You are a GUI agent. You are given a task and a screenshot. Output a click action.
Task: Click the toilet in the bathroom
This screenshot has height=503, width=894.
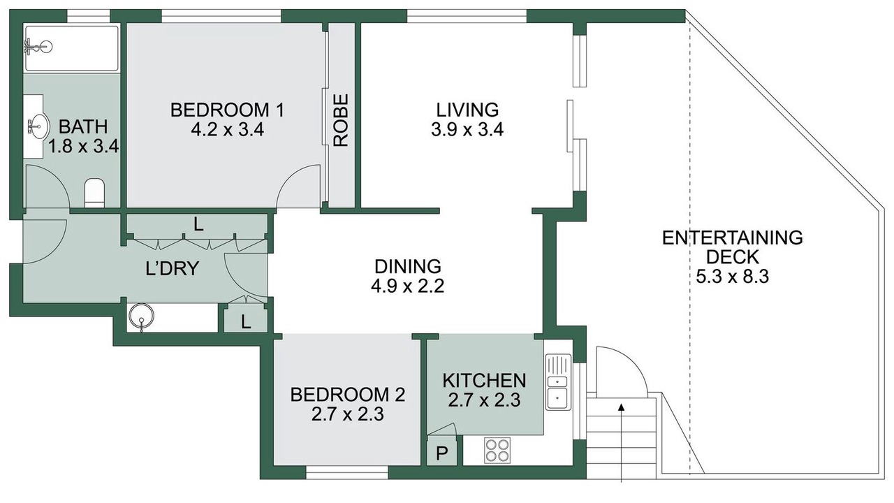[94, 193]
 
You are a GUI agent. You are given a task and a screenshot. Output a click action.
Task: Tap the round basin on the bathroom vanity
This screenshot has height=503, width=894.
[38, 126]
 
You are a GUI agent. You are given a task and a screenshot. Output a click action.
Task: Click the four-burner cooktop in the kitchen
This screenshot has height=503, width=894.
[497, 451]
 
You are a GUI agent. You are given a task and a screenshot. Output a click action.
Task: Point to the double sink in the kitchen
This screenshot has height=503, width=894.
[558, 381]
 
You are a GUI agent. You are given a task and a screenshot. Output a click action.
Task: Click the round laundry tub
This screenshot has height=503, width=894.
[141, 317]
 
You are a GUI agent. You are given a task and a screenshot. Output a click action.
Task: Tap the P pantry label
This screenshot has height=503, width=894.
[441, 453]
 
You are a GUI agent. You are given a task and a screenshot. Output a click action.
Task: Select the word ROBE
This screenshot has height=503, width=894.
[340, 120]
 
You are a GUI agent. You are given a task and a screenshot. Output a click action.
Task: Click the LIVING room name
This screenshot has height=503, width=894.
[467, 110]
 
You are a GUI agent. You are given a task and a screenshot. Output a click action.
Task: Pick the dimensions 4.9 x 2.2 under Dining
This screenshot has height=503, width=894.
[407, 286]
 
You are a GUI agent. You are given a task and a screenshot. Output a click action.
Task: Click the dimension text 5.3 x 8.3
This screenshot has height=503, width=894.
[733, 276]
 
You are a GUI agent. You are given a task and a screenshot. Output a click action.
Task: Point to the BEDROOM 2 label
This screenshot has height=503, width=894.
[348, 395]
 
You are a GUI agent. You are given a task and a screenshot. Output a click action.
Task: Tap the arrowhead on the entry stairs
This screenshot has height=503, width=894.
[622, 407]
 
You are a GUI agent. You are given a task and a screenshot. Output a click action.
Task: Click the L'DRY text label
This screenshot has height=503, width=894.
[172, 268]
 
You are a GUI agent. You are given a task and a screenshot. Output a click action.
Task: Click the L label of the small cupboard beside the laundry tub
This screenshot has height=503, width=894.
[246, 322]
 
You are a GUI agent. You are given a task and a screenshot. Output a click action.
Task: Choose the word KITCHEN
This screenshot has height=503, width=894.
[484, 381]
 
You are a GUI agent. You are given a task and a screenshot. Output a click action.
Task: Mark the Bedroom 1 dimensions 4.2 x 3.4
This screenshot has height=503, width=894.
[228, 130]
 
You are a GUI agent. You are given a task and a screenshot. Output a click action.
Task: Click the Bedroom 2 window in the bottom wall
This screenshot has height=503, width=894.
[347, 473]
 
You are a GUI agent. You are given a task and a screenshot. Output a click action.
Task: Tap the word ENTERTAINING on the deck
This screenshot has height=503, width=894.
[733, 238]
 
